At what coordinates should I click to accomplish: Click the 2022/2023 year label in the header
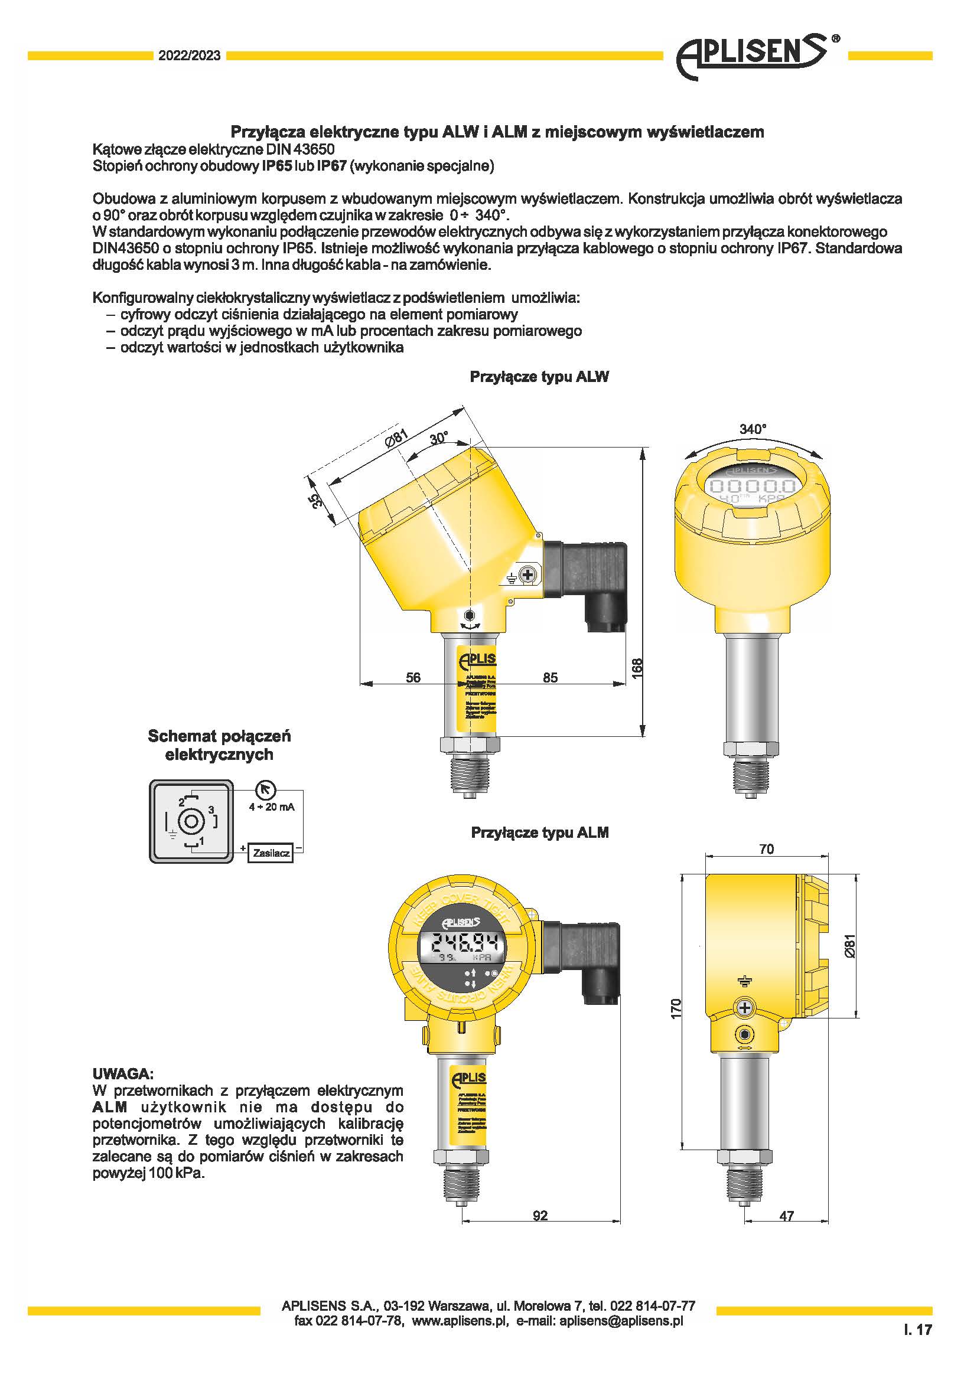pos(189,56)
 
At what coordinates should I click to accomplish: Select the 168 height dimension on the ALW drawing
pos(637,668)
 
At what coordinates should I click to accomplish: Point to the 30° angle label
pos(439,438)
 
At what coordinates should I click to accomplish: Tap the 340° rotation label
pos(753,429)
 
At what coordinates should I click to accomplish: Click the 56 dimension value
pos(413,677)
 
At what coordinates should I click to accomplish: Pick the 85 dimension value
pos(550,677)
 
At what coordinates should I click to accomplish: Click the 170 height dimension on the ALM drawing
pos(676,1008)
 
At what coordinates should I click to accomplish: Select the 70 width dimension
pos(766,848)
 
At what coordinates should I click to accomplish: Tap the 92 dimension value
pos(540,1215)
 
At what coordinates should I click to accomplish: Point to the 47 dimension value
pos(786,1216)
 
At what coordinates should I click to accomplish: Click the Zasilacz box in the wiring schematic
pos(271,853)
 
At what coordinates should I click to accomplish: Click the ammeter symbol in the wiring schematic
pos(265,790)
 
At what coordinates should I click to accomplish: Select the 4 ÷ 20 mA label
pos(271,807)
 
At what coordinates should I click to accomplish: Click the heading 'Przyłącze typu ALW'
pos(539,377)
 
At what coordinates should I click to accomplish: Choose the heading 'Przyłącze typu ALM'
pos(540,832)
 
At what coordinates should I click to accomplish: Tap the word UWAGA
pos(123,1073)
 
